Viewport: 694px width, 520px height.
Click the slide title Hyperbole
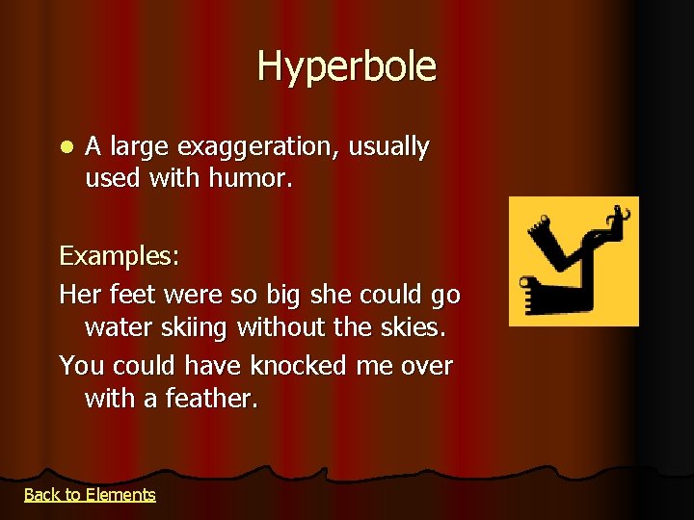[x=346, y=67]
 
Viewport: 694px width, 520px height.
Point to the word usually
[x=389, y=147]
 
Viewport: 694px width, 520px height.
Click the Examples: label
[x=120, y=257]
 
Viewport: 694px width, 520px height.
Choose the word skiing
[x=193, y=328]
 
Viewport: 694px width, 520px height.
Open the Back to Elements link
[x=90, y=495]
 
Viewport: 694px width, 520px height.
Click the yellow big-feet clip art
[x=574, y=261]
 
